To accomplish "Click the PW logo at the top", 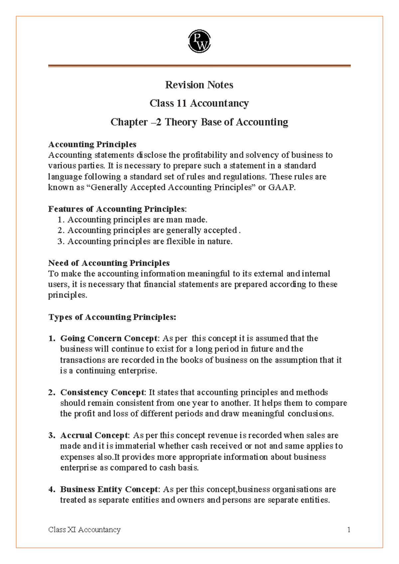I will [199, 41].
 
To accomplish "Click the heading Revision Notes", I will [199, 85].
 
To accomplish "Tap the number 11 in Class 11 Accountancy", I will [181, 103].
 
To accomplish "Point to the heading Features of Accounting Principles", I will [117, 209].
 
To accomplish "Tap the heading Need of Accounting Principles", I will [109, 263].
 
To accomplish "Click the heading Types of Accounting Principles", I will [112, 317].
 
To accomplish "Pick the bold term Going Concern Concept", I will [108, 339].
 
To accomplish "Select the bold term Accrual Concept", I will [94, 436].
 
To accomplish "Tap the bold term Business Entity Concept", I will [108, 490].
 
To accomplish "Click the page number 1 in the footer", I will [349, 530].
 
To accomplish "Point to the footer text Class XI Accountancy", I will [84, 530].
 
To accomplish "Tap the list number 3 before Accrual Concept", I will [51, 436].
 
